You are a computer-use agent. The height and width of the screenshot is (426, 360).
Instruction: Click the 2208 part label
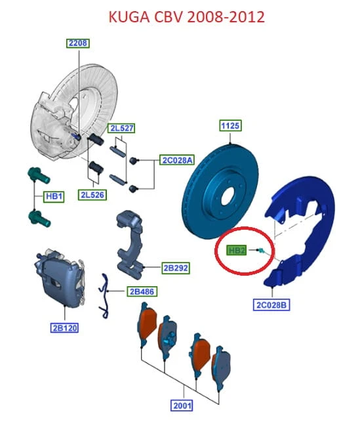click(78, 43)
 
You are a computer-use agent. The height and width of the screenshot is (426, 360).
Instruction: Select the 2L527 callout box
click(121, 128)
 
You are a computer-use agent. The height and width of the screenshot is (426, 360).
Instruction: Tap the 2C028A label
click(177, 160)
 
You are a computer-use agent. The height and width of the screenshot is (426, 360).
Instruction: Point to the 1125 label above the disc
click(230, 126)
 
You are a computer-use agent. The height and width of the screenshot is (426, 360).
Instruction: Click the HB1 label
click(54, 196)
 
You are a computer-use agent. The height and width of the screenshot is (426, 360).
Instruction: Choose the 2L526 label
click(92, 195)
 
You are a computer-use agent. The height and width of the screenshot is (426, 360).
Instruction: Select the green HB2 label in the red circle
click(237, 250)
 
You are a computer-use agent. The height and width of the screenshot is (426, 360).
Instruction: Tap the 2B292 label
click(176, 268)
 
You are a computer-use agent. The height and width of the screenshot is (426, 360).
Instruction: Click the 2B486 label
click(142, 291)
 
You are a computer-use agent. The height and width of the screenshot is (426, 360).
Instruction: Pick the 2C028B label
click(271, 305)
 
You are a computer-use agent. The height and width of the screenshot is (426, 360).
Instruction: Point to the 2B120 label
click(65, 328)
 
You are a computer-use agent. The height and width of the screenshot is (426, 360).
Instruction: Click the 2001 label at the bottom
click(182, 406)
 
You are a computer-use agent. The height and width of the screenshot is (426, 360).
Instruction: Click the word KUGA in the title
click(129, 17)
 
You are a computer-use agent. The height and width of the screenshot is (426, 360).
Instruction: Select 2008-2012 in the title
click(226, 17)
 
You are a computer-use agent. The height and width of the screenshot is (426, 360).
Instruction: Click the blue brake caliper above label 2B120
click(60, 278)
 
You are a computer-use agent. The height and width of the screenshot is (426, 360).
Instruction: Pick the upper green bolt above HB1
click(39, 175)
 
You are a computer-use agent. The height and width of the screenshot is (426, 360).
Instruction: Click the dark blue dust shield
click(300, 231)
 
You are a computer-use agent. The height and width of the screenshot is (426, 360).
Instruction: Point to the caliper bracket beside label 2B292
click(129, 244)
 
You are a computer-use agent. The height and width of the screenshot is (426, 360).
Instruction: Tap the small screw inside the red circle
click(261, 251)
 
